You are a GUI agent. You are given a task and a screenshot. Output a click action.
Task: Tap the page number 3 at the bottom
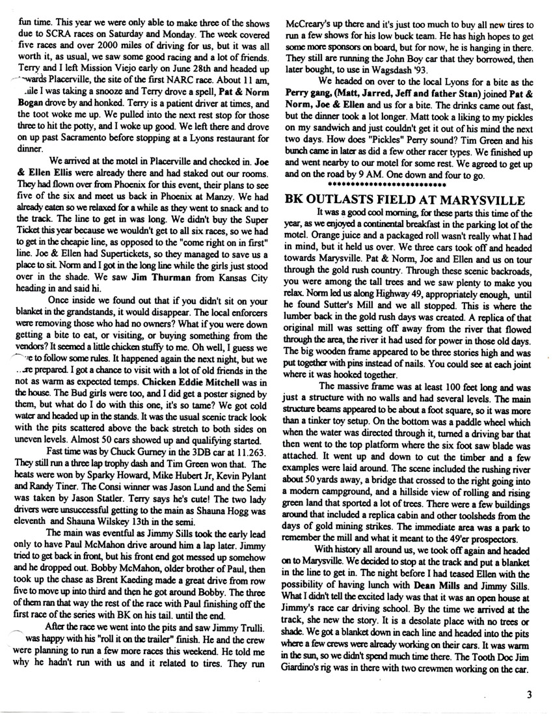point(530,695)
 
